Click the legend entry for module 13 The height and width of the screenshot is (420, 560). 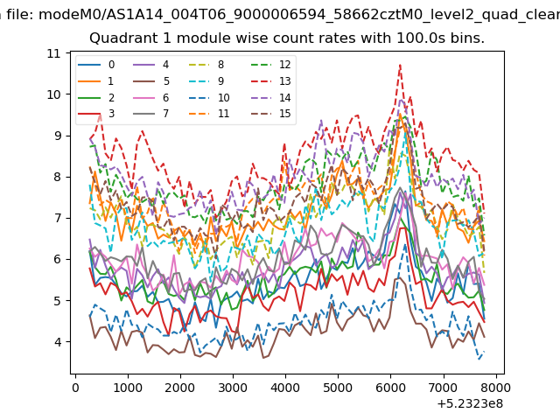(272, 81)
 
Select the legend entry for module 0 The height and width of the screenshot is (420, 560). (96, 65)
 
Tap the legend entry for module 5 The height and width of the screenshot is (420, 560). (151, 81)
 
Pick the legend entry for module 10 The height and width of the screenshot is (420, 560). (209, 97)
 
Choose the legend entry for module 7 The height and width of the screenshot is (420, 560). (151, 114)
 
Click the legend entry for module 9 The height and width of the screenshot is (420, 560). (206, 81)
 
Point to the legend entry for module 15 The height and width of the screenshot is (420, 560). (272, 114)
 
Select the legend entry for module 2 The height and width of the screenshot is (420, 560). (96, 97)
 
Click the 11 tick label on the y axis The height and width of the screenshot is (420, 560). (53, 53)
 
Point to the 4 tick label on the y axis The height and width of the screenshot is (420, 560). (58, 342)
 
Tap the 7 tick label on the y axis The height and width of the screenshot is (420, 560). (58, 218)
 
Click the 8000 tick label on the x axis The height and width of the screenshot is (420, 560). (495, 388)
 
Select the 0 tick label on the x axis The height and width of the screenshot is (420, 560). (75, 388)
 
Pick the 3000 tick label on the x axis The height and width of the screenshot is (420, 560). (233, 388)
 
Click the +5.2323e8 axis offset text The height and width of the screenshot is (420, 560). (470, 403)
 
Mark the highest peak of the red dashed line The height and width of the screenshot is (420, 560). (401, 65)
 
